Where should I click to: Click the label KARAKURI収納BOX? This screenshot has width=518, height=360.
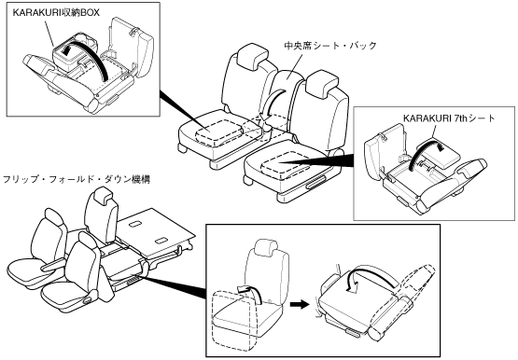coord(56,12)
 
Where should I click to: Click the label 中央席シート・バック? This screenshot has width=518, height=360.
coord(330,45)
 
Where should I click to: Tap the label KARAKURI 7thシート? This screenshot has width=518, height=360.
coord(449,118)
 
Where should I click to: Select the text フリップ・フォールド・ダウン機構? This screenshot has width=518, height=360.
coord(77,179)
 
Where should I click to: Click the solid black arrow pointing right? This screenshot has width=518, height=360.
coord(300,304)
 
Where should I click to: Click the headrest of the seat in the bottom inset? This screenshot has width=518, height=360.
coord(266,247)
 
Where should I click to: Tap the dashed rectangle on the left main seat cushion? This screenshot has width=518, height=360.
coord(219,132)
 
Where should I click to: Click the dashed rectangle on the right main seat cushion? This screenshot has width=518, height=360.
coord(287,164)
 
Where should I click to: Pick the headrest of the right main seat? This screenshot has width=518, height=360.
coord(321,81)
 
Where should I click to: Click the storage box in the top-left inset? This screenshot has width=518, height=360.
coord(69,55)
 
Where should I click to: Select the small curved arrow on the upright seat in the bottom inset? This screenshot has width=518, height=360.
coord(250,291)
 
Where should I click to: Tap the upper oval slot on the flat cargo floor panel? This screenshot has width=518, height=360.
coord(134,225)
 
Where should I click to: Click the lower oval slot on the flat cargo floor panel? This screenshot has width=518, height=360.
coord(161,241)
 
